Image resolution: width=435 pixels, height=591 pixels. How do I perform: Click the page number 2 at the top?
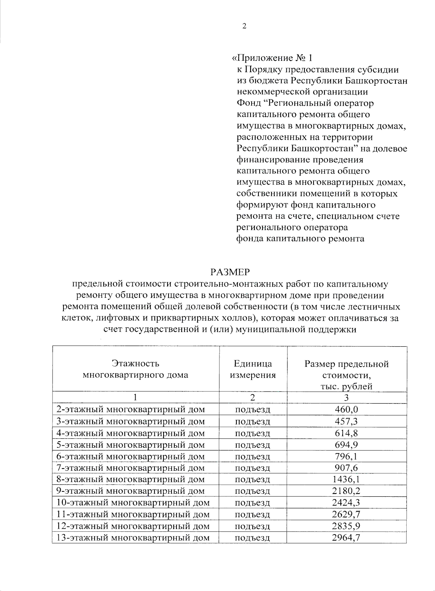coord(244,26)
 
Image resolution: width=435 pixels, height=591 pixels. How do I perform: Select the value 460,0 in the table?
coord(346,409)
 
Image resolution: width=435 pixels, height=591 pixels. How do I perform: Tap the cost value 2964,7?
coord(346,537)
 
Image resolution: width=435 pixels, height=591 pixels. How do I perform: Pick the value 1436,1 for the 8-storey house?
coord(346,479)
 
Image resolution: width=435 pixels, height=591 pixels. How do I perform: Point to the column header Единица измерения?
coord(253,369)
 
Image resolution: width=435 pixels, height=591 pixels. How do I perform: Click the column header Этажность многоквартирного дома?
coord(135,369)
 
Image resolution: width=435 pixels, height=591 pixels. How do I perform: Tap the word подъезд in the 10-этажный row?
coord(253,503)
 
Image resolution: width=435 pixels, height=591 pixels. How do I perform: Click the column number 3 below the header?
coord(346,398)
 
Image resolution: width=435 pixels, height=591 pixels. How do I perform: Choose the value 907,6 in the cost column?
coord(346,468)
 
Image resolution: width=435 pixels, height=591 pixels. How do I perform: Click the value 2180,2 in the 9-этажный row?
coord(346,491)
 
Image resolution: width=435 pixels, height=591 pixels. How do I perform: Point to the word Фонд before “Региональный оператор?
coord(248,103)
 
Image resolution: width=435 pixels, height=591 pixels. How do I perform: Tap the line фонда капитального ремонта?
coord(300,239)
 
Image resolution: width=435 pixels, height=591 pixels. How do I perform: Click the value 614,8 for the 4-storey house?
coord(346,433)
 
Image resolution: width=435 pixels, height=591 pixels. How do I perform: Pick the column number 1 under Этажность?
coord(135,398)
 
